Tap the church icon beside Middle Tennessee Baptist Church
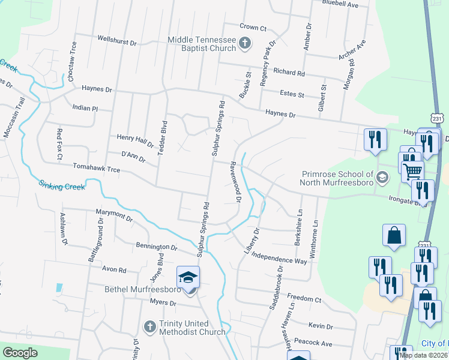244,43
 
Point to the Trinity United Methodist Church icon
151,327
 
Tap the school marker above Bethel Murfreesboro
188,278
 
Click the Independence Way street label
279,257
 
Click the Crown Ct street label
253,27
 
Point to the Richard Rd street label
289,72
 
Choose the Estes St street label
292,94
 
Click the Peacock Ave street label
317,344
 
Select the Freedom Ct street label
304,298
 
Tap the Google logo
20,352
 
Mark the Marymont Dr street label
114,214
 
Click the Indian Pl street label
84,108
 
